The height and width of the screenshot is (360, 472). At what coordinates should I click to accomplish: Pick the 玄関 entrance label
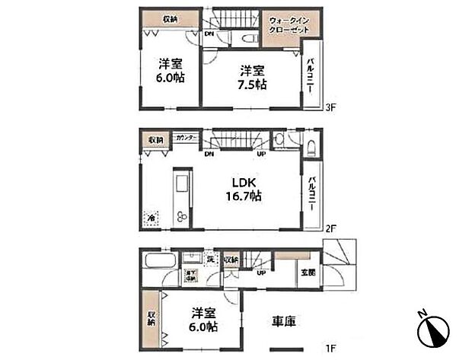click(x=307, y=272)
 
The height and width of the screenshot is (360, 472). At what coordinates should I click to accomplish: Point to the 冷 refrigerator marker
click(x=152, y=217)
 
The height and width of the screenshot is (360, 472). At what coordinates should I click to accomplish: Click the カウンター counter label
click(x=186, y=138)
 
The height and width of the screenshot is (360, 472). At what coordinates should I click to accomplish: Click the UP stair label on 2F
click(x=261, y=155)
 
